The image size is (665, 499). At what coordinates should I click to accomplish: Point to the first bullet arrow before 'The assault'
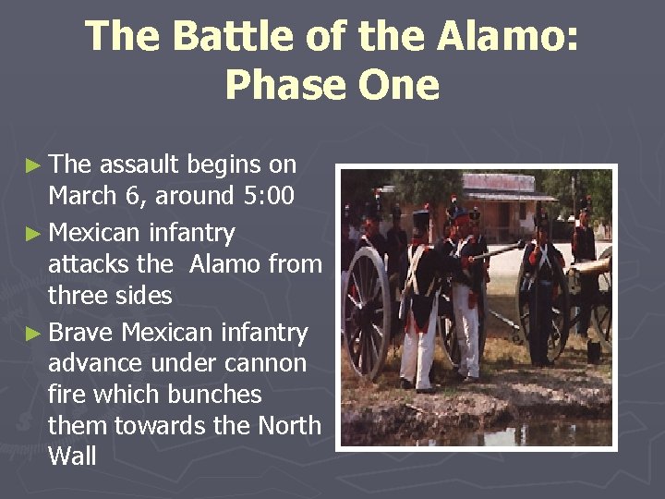33,165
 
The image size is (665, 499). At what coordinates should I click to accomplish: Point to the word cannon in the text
264,363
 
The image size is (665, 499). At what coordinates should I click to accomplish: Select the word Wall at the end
72,457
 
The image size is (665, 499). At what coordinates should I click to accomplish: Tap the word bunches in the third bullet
213,395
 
